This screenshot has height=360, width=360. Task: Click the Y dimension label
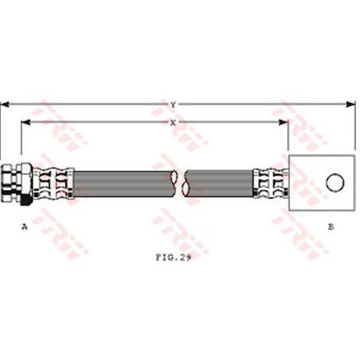coord(174,103)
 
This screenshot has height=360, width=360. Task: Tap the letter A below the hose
coord(25,226)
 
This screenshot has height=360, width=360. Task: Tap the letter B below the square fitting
coord(331,226)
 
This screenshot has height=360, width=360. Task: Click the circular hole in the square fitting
coord(334,183)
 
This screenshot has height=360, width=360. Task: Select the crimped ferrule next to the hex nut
coord(53,183)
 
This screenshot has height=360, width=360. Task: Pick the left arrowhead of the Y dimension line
coord(5,103)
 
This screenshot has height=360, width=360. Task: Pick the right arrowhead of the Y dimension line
coord(350,103)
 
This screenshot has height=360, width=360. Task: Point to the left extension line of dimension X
coord(21,143)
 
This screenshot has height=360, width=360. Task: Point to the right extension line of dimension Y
coord(354,127)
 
